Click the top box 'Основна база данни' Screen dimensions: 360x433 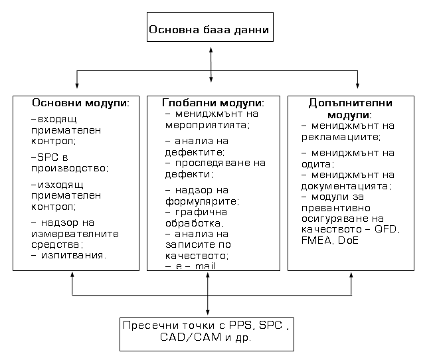pyautogui.click(x=209, y=30)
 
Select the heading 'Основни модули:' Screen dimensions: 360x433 pyautogui.click(x=80, y=104)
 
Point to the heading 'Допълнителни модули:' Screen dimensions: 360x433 pyautogui.click(x=350, y=109)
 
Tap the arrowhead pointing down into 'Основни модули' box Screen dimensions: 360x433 pyautogui.click(x=77, y=84)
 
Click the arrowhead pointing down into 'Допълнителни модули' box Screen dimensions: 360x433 pyautogui.click(x=358, y=84)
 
